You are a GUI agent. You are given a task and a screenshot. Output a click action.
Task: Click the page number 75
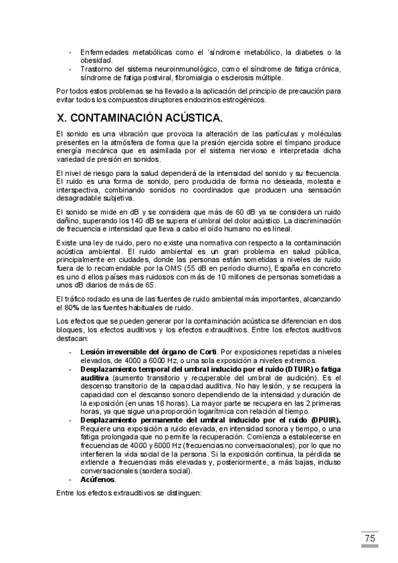(x=370, y=538)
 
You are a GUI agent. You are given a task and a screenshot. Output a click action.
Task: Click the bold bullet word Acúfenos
(x=97, y=479)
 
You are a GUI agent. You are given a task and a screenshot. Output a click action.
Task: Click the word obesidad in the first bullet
(x=95, y=60)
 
